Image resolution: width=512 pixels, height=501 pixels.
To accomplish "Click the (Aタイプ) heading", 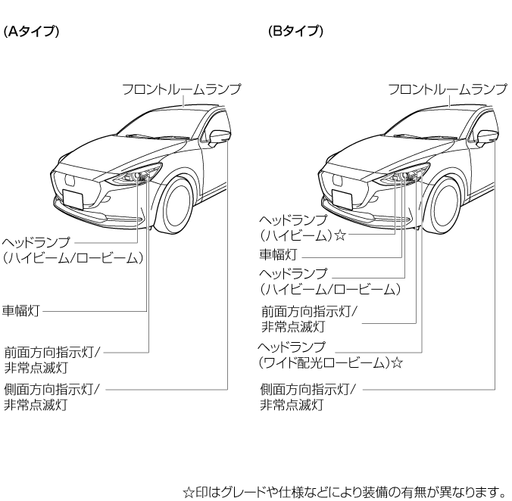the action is pos(31,32).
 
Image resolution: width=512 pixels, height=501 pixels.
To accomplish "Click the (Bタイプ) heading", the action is pos(296,32).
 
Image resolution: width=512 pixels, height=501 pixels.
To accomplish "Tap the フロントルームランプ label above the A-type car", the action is pos(182,89).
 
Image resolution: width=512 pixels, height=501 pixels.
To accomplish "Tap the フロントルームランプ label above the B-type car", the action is pos(448,89).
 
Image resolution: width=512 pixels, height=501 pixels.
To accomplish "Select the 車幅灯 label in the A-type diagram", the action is pos(21,310).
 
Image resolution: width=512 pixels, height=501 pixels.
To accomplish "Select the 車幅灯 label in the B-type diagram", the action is pos(278,254).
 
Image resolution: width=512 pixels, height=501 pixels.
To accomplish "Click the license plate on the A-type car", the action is pos(73,199).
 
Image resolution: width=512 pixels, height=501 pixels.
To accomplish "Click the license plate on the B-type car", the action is pos(342,199).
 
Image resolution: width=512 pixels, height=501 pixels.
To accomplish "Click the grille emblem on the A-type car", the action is pos(70,180).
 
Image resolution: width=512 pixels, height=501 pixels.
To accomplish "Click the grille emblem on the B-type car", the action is pos(339,180).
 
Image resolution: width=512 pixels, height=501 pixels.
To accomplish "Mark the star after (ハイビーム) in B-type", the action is pos(340,235).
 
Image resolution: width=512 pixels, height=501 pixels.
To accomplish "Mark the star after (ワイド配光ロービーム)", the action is pos(397,363).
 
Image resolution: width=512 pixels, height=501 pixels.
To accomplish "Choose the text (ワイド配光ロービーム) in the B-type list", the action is pos(325,363).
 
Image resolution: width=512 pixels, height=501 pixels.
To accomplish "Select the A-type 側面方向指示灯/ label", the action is pos(52,390).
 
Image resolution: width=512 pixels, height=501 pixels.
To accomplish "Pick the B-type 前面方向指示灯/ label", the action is pos(309,312).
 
